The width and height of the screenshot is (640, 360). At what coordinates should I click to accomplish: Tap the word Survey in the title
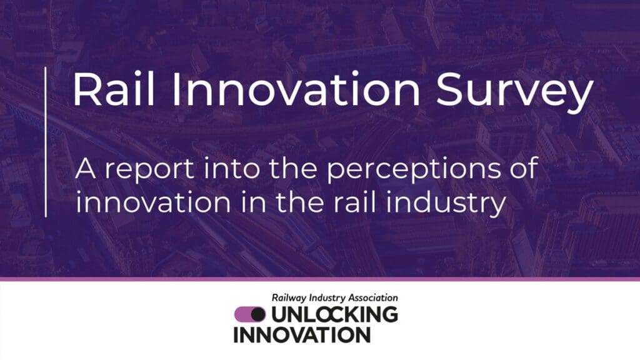click(x=514, y=94)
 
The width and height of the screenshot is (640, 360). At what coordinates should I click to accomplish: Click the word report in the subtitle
click(x=149, y=170)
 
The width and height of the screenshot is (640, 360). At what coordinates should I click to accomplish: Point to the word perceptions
click(x=413, y=170)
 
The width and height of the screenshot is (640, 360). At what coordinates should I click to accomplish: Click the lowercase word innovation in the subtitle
click(x=153, y=202)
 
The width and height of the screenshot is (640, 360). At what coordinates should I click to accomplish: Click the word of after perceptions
click(x=524, y=167)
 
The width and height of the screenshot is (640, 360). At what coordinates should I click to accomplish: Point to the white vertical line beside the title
click(x=45, y=142)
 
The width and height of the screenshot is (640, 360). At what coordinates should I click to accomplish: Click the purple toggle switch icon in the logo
click(x=250, y=314)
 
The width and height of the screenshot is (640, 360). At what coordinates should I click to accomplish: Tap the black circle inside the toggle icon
click(x=258, y=314)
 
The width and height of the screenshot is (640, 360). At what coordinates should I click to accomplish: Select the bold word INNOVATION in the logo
click(x=302, y=335)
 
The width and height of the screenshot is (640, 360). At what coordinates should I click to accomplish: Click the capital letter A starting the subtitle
click(x=86, y=168)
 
